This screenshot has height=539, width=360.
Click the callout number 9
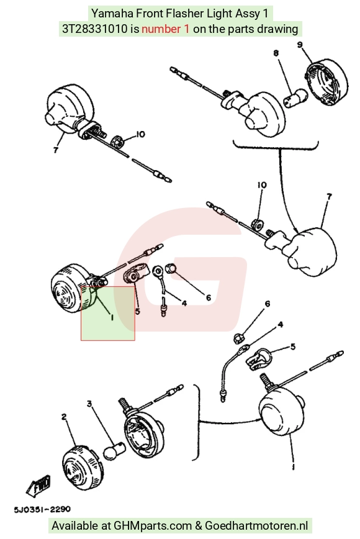(x=300, y=45)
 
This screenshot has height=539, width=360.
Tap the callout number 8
(x=276, y=53)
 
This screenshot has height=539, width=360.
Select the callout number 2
(x=64, y=417)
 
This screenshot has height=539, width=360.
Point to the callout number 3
(x=89, y=403)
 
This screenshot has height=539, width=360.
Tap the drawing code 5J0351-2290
(x=42, y=509)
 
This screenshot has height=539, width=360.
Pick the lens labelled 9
(x=326, y=82)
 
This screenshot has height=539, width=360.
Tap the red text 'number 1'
(x=165, y=29)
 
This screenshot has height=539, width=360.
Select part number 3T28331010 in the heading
(x=94, y=29)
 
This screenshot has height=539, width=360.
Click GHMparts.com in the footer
(x=153, y=525)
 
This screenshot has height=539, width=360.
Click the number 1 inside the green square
(x=112, y=318)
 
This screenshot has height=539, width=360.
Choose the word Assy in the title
(x=247, y=14)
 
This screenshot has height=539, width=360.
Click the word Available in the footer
(x=74, y=525)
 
